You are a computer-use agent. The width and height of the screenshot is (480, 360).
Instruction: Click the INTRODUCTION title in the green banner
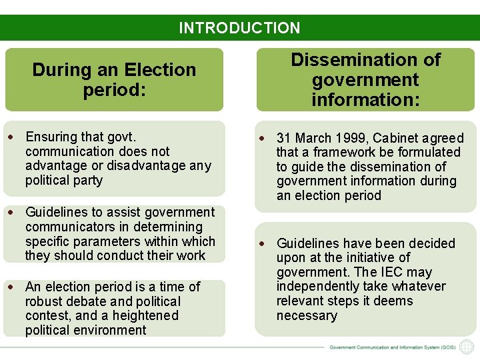[x=239, y=28]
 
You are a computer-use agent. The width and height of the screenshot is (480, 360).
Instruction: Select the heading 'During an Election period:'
[x=114, y=79]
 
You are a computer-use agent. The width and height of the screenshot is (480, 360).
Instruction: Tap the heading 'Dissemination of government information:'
[x=365, y=80]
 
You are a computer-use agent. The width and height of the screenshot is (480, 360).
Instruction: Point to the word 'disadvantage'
[x=150, y=165]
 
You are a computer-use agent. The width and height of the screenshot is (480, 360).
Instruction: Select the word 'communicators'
[x=67, y=227]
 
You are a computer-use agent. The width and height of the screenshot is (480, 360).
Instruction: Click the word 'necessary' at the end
[x=307, y=315]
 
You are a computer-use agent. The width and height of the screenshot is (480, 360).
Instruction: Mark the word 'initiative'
[x=362, y=257]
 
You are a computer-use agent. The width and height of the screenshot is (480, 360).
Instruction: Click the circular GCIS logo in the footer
[x=467, y=347]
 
